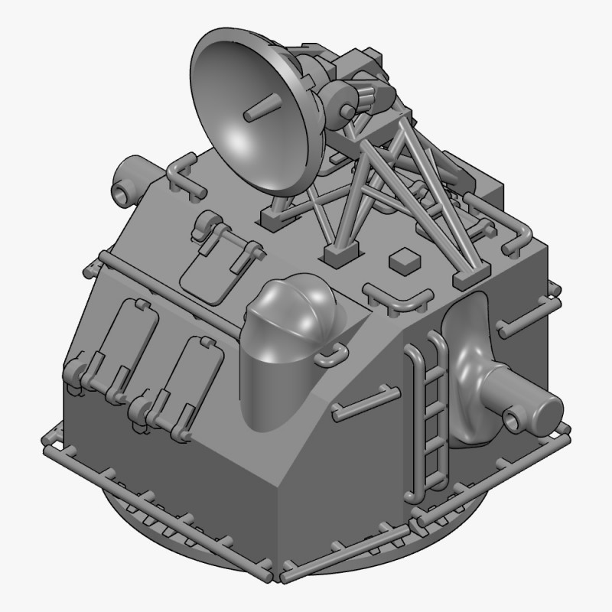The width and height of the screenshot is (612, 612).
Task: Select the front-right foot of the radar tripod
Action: pos(469,278)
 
